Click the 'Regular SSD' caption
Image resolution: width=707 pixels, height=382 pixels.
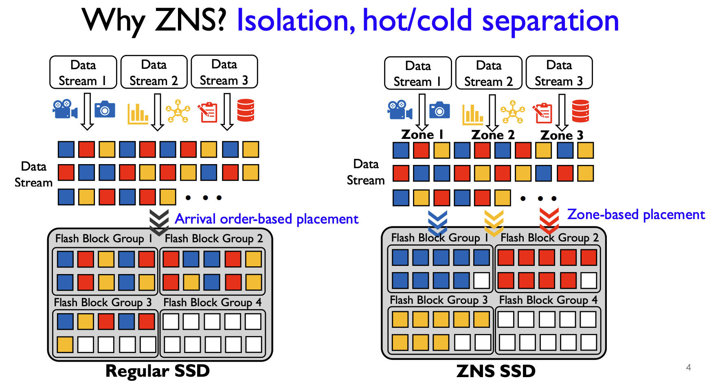[x=158, y=371]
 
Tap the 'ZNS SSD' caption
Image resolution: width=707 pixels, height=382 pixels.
[x=496, y=371]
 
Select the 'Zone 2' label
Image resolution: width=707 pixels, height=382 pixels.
[x=493, y=134]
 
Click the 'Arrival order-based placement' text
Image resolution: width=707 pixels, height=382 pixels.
[x=266, y=219]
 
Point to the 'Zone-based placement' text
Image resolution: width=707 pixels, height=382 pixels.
[x=636, y=214]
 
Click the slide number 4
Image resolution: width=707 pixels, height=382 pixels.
[x=688, y=367]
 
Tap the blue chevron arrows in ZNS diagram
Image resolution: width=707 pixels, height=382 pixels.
[x=437, y=222]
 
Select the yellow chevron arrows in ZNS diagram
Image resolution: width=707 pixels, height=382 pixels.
[x=494, y=222]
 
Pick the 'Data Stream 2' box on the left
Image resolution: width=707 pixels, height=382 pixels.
[x=154, y=72]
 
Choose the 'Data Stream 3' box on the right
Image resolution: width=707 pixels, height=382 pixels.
[x=559, y=73]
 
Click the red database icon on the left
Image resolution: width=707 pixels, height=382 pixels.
[x=246, y=110]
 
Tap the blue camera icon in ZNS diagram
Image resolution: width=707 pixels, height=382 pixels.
[x=439, y=110]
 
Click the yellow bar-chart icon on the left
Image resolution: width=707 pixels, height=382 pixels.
[x=138, y=113]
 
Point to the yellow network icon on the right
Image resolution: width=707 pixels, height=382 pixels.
[x=512, y=112]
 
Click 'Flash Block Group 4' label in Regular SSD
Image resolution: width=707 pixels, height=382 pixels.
[x=212, y=303]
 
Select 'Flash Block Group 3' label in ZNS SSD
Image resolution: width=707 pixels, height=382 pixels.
[x=439, y=300]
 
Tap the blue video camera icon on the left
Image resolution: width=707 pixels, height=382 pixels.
[x=64, y=109]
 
